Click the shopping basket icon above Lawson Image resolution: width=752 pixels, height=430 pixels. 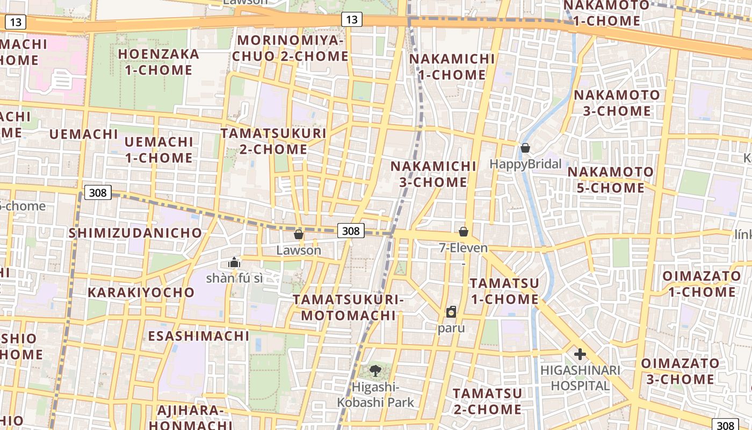(x=299, y=234)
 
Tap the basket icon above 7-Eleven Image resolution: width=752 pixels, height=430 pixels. (x=464, y=232)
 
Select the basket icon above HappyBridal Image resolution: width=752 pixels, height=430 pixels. (x=525, y=147)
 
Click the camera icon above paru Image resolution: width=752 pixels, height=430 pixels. (x=451, y=311)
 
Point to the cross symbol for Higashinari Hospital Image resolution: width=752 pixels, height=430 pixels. (x=580, y=354)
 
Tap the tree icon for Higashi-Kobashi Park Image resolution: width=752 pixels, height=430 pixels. (x=375, y=370)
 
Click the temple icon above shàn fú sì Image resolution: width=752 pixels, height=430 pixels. (x=234, y=262)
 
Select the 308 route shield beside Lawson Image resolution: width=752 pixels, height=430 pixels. (x=351, y=231)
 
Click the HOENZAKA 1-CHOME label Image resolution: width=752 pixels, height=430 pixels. (x=158, y=62)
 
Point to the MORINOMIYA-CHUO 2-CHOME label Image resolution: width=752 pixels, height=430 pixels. (x=293, y=48)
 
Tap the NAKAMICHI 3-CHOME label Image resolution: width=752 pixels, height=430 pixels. (x=433, y=174)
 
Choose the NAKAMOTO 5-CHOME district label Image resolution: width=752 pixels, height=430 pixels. (x=611, y=180)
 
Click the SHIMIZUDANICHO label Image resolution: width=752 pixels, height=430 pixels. (x=135, y=233)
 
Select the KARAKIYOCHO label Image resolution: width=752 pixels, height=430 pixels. (x=141, y=292)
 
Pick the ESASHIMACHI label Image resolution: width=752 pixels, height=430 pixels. (x=199, y=336)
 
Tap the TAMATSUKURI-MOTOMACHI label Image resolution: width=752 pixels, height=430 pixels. (x=348, y=307)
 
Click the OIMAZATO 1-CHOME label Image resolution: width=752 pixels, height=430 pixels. (x=701, y=284)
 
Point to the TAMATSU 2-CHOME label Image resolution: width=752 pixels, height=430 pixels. (x=487, y=401)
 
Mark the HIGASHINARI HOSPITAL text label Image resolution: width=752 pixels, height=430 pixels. (x=580, y=378)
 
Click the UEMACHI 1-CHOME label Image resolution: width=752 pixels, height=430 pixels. (x=158, y=149)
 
